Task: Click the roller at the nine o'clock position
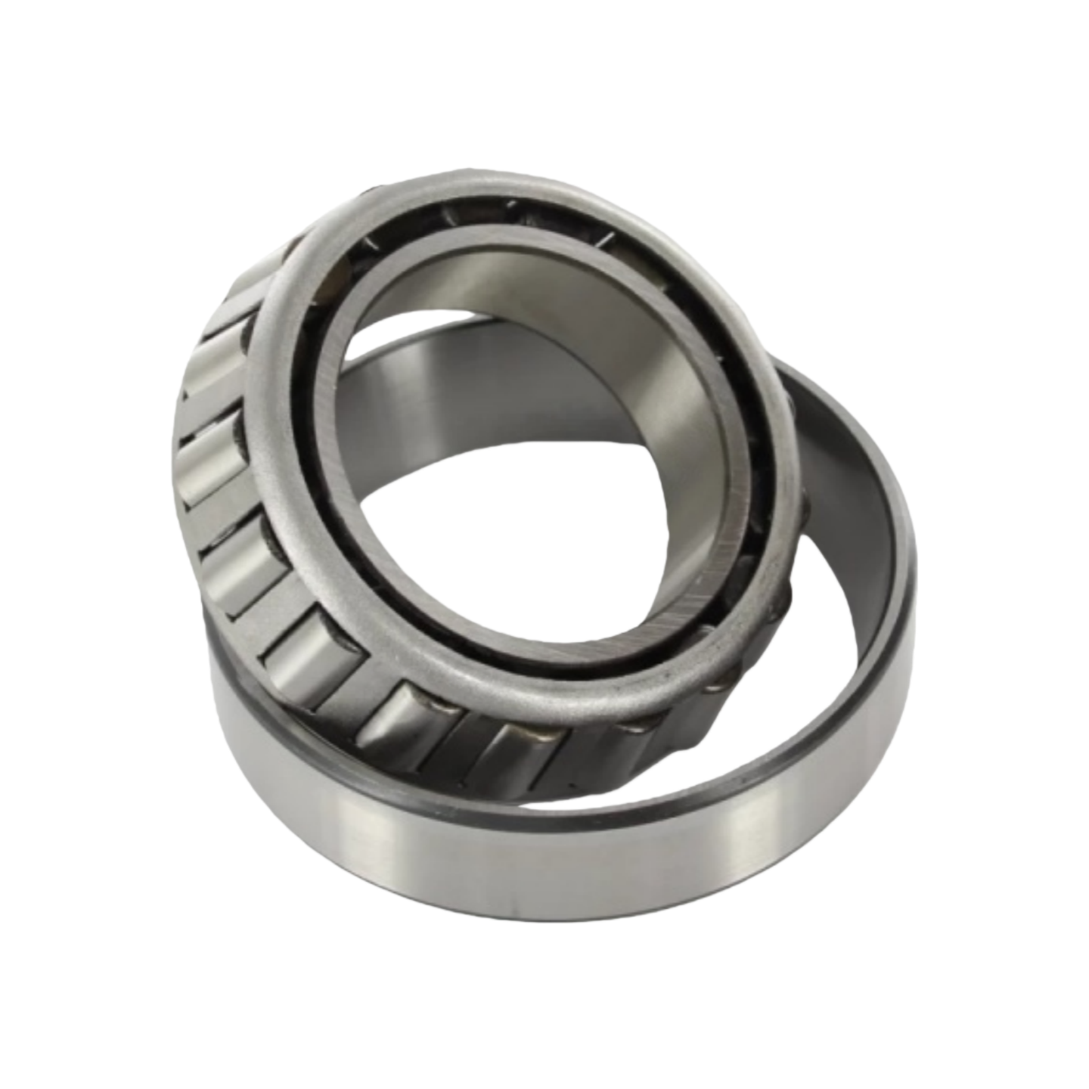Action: tap(212, 461)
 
